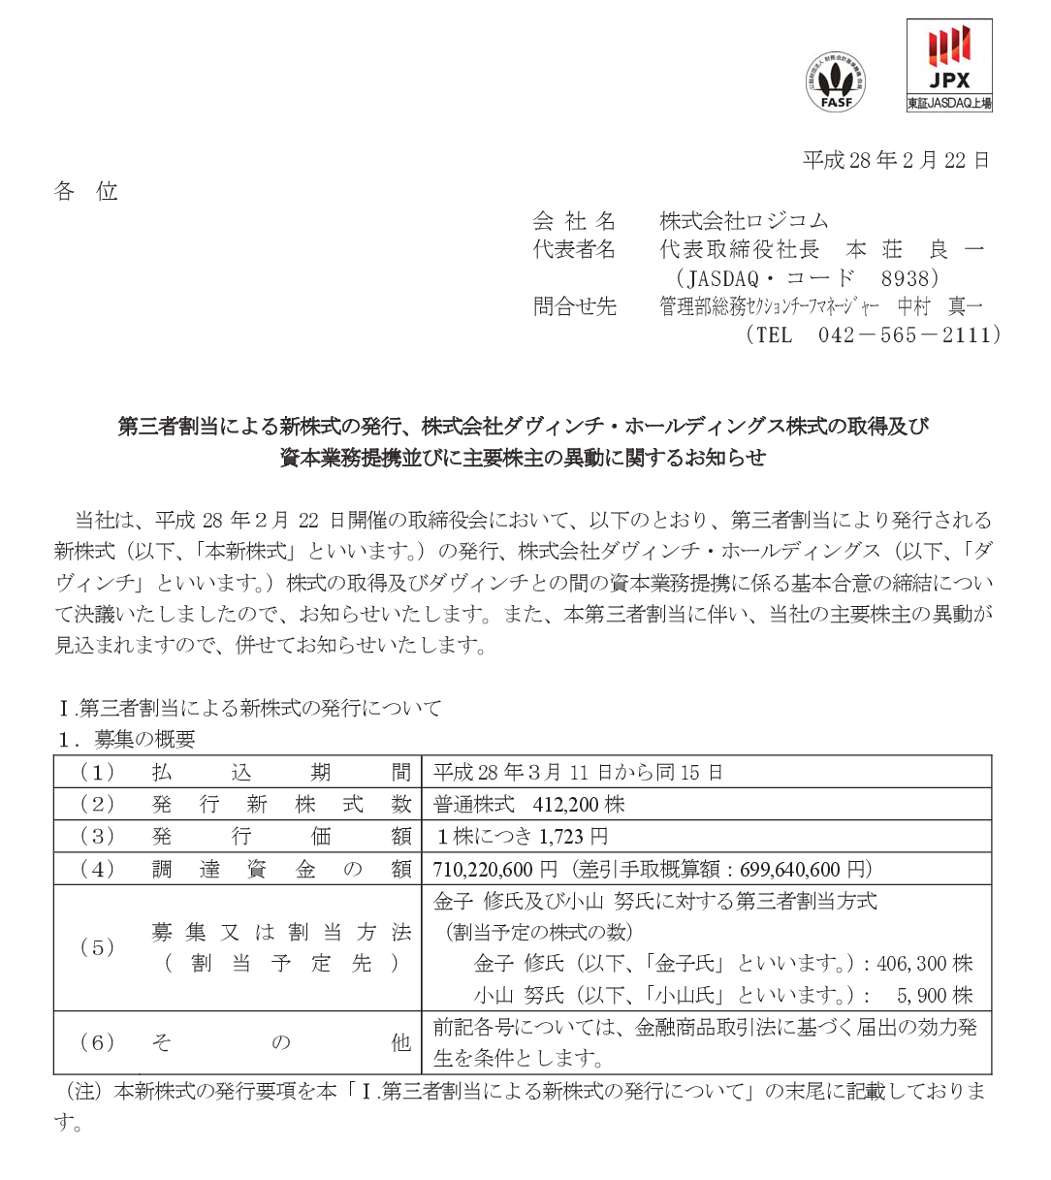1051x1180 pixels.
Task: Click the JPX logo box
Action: coord(949,65)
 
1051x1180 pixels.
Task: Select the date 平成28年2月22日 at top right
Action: coord(896,161)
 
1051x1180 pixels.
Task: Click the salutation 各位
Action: coord(86,192)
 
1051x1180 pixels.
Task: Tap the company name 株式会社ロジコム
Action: coord(744,221)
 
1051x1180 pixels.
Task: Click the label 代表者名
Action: coord(574,249)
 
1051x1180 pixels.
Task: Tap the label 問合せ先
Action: coord(574,306)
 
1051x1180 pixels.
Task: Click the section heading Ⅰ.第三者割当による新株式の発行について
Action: coord(249,708)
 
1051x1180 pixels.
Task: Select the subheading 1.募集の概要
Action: coord(126,739)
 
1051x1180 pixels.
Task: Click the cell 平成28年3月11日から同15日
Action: coord(578,773)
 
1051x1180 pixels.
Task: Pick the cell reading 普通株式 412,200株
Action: coord(529,805)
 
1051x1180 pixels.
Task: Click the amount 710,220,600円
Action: coord(495,869)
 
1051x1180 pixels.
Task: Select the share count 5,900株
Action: coord(935,996)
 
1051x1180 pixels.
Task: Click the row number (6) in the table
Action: coord(97,1042)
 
